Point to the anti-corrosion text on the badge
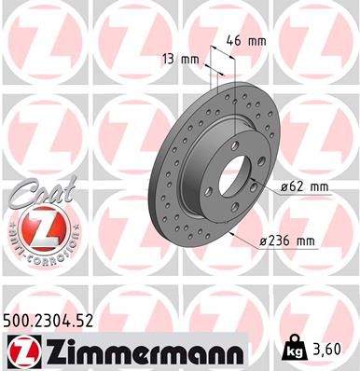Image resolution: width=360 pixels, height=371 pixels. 35,252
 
